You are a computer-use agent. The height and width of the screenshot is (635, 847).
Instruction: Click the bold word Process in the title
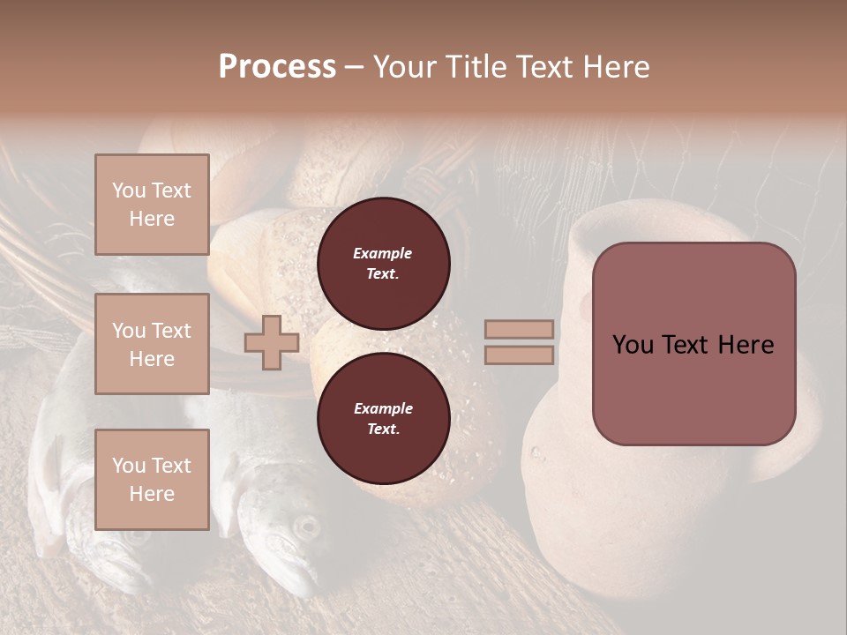[277, 67]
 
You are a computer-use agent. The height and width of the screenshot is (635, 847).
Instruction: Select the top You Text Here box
[152, 205]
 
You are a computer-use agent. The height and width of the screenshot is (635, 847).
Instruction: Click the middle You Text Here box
[152, 344]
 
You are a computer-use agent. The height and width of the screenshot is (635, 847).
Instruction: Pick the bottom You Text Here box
[152, 480]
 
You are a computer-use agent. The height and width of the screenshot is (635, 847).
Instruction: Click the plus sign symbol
[271, 343]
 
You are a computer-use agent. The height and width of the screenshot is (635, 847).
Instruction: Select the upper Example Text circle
[383, 264]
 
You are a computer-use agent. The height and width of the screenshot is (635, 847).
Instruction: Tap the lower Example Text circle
[383, 419]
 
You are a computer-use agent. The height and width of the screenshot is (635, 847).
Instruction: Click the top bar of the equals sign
[519, 329]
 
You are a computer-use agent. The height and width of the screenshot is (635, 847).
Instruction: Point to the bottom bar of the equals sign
[519, 355]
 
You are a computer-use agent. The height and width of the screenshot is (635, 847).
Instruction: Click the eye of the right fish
[306, 527]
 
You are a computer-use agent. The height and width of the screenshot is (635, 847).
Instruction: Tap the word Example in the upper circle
[383, 253]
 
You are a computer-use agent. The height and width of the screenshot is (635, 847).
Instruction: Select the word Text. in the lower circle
[383, 430]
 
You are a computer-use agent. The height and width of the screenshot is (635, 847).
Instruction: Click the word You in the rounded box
[632, 345]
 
